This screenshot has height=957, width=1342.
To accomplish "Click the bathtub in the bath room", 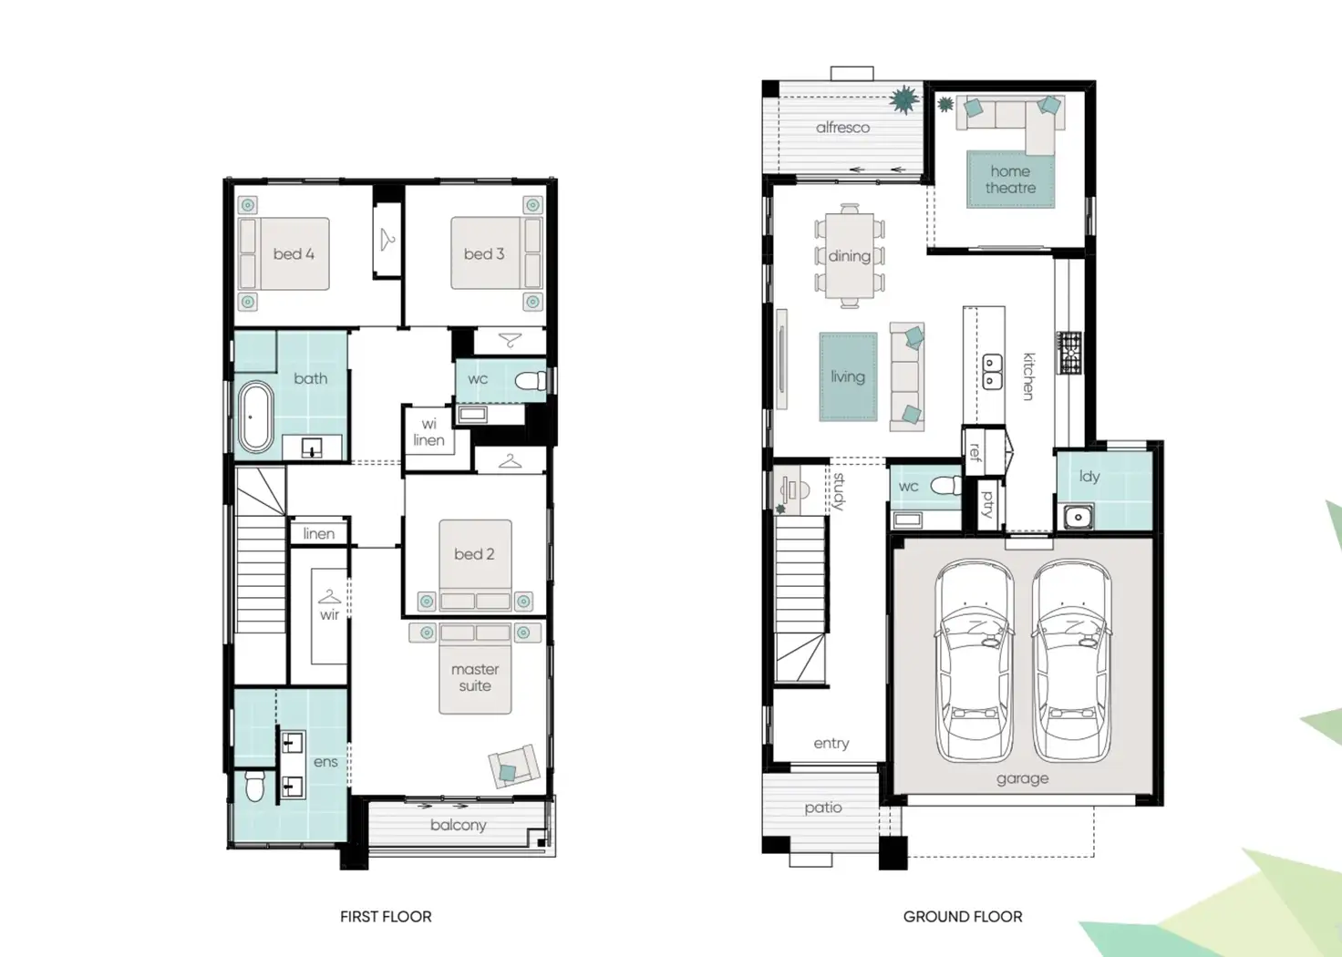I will (255, 417).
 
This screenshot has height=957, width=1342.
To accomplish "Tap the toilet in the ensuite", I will (255, 787).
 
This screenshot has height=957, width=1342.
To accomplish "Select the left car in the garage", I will (975, 661).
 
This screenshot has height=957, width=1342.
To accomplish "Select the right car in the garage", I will (1071, 661).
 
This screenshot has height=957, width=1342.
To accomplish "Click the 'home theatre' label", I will (1010, 180).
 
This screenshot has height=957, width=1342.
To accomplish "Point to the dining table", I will (849, 256).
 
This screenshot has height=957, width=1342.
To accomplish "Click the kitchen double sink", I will (992, 372).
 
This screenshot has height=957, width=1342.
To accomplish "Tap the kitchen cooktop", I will (1069, 354).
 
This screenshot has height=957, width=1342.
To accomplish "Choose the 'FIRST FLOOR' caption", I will (386, 917).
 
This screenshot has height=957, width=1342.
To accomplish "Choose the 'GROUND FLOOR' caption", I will (963, 917).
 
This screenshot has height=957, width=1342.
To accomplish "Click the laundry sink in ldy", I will (1079, 517).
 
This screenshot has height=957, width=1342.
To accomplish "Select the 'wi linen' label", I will (428, 432).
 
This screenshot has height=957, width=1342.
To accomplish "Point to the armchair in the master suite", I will (512, 767).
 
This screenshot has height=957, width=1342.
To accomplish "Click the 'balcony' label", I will (458, 825).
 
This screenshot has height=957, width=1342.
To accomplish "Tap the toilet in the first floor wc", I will (529, 380).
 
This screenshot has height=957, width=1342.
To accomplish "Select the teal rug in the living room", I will (848, 376).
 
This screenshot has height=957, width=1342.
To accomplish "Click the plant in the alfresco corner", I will (903, 100).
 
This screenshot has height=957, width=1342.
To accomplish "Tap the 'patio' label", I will (822, 808).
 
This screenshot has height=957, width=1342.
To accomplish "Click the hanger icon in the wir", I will (329, 598).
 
